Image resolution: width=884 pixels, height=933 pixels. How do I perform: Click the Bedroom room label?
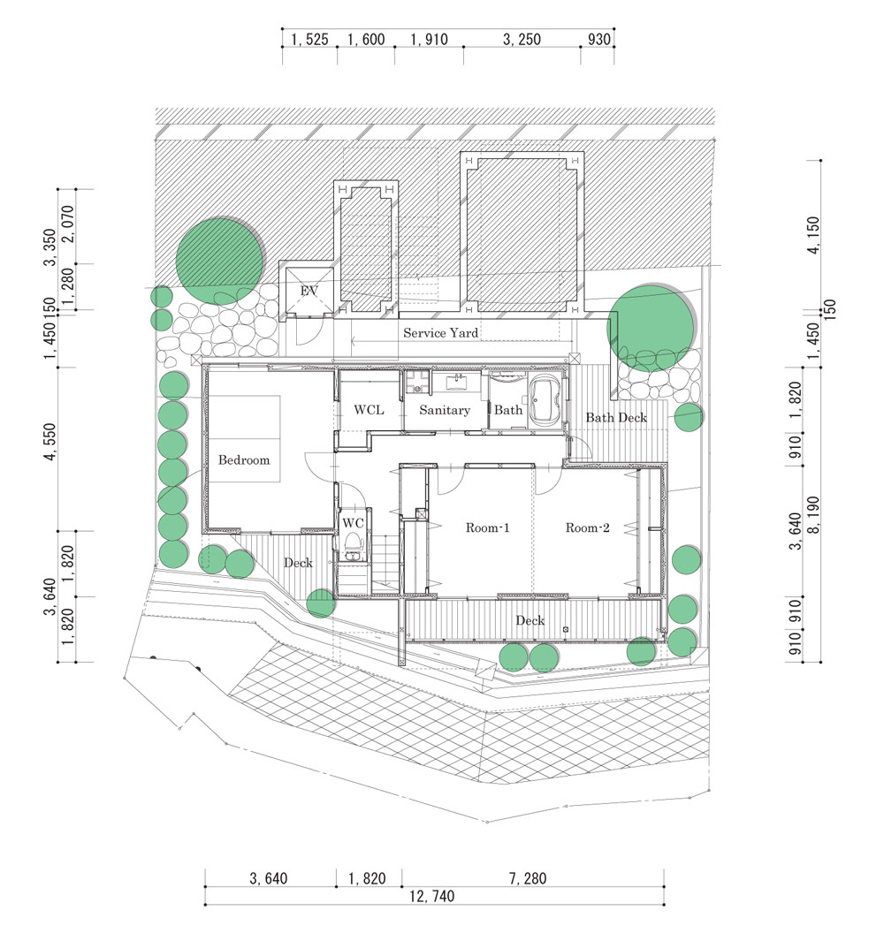click(x=243, y=460)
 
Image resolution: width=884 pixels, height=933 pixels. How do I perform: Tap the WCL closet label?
click(x=369, y=410)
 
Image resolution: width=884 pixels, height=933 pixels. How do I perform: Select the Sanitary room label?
click(x=444, y=410)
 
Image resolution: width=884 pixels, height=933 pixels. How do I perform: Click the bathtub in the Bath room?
click(x=545, y=402)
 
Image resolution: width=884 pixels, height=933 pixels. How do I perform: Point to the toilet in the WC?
click(x=354, y=545)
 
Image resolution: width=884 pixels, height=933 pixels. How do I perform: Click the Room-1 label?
click(x=488, y=527)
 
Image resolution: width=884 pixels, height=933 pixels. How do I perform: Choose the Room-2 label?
click(x=588, y=527)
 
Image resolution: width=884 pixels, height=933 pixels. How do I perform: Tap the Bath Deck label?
click(x=616, y=418)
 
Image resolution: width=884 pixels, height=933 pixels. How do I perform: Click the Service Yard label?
click(x=440, y=333)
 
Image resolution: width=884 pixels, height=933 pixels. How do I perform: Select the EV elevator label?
click(x=309, y=291)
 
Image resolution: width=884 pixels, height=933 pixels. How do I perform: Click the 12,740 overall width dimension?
click(x=432, y=896)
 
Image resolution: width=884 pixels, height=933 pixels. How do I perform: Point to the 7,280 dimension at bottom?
click(x=528, y=878)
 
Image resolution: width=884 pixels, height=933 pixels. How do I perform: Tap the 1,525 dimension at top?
click(x=309, y=40)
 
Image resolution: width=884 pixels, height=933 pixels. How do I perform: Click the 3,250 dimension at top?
click(x=522, y=40)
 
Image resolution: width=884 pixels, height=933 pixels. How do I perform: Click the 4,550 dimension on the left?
click(x=50, y=442)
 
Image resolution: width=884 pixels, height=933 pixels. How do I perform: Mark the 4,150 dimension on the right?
click(x=813, y=235)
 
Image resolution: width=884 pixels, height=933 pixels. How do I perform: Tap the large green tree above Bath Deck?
click(x=651, y=328)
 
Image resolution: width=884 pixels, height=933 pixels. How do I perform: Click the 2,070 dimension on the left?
click(x=68, y=224)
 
